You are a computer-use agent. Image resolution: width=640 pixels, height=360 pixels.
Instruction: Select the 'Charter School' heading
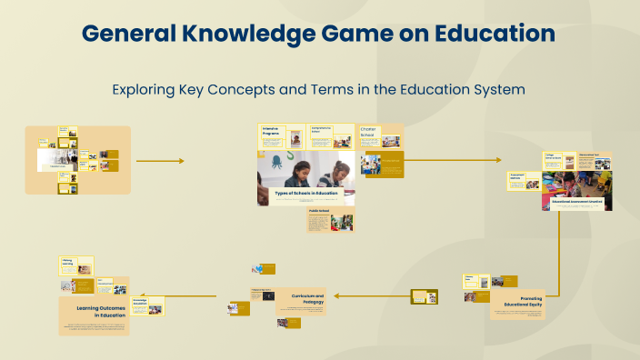pyautogui.click(x=367, y=133)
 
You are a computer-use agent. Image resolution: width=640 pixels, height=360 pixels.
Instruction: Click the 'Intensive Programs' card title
pyautogui.click(x=270, y=131)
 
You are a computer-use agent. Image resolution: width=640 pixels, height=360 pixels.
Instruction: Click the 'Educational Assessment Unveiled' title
pyautogui.click(x=577, y=200)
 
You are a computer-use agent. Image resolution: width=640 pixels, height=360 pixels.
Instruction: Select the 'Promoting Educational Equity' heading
pyautogui.click(x=518, y=302)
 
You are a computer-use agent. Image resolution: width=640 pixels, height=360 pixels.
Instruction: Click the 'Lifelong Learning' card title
pyautogui.click(x=67, y=262)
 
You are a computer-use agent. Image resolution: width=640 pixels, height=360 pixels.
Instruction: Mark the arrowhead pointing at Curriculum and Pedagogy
pyautogui.click(x=335, y=295)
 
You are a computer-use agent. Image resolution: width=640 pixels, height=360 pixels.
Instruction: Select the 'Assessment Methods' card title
pyautogui.click(x=517, y=175)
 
